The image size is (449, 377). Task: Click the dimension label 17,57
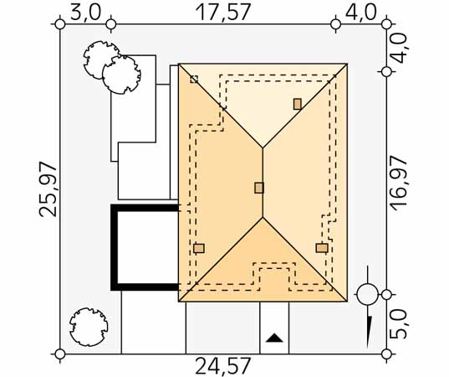click(x=223, y=12)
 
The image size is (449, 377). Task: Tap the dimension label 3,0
click(x=86, y=13)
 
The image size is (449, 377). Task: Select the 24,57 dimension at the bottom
click(x=223, y=366)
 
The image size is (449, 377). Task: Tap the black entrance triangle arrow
click(x=274, y=338)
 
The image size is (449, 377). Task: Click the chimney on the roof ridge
click(x=259, y=188)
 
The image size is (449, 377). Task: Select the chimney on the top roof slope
click(x=298, y=104)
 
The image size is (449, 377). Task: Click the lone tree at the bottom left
click(x=89, y=327)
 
